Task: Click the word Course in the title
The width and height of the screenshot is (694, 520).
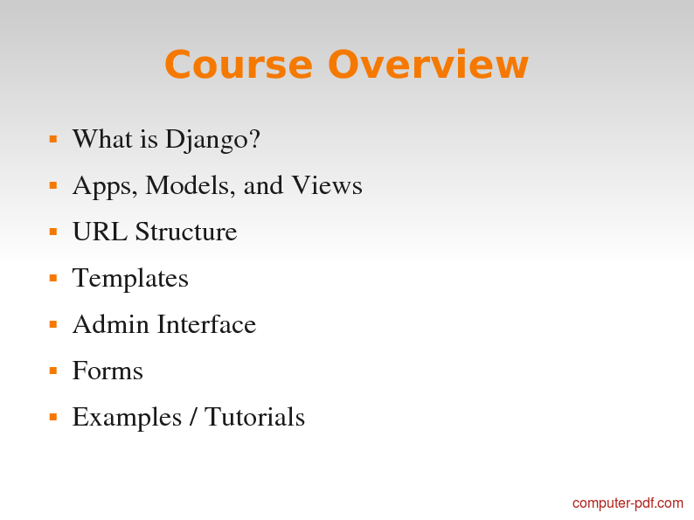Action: (239, 65)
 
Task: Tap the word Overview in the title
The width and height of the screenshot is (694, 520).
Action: (428, 65)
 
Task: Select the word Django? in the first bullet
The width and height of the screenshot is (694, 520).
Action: (212, 141)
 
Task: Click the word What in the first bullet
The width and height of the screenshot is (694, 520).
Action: (102, 139)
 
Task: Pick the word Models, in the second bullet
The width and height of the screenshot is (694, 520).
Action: (191, 185)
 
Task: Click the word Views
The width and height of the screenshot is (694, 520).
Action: (327, 185)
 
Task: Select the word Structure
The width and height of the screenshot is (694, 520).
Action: (186, 232)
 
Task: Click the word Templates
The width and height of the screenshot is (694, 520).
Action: (130, 280)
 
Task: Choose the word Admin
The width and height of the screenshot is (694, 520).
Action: (111, 324)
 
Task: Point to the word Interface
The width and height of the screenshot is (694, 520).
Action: (206, 324)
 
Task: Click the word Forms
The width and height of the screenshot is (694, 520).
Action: (108, 371)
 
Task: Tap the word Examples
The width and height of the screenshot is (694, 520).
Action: (127, 419)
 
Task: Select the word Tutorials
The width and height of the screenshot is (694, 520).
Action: (254, 417)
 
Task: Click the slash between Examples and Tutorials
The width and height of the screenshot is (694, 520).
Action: (193, 417)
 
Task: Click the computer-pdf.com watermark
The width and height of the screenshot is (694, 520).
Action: (628, 503)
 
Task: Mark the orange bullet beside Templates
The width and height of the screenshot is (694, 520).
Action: (53, 279)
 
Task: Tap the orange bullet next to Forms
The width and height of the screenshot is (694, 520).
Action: (53, 371)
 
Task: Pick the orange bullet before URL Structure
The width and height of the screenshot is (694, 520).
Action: (53, 232)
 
